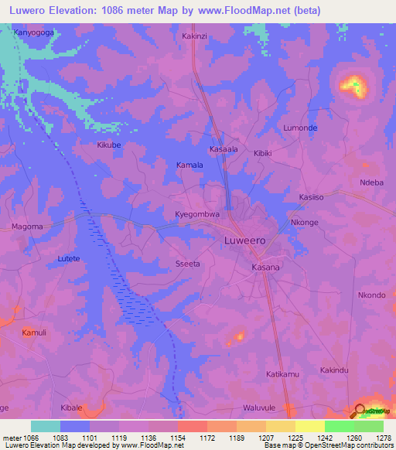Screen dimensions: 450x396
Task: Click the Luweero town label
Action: point(244,240)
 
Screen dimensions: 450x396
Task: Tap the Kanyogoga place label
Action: point(34,33)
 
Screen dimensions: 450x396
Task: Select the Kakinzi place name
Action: point(196,36)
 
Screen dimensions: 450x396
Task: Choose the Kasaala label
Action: point(224,148)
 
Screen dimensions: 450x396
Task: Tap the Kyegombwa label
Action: point(197,214)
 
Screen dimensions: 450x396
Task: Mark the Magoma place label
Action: point(26,227)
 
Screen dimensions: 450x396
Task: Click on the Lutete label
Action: point(68,258)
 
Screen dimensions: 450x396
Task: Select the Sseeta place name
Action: point(188,264)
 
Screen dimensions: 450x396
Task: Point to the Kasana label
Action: point(266,267)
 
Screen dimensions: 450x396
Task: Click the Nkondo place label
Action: point(371,295)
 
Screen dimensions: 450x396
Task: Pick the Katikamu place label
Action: point(282,374)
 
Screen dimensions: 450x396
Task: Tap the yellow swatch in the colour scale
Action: point(310,426)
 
